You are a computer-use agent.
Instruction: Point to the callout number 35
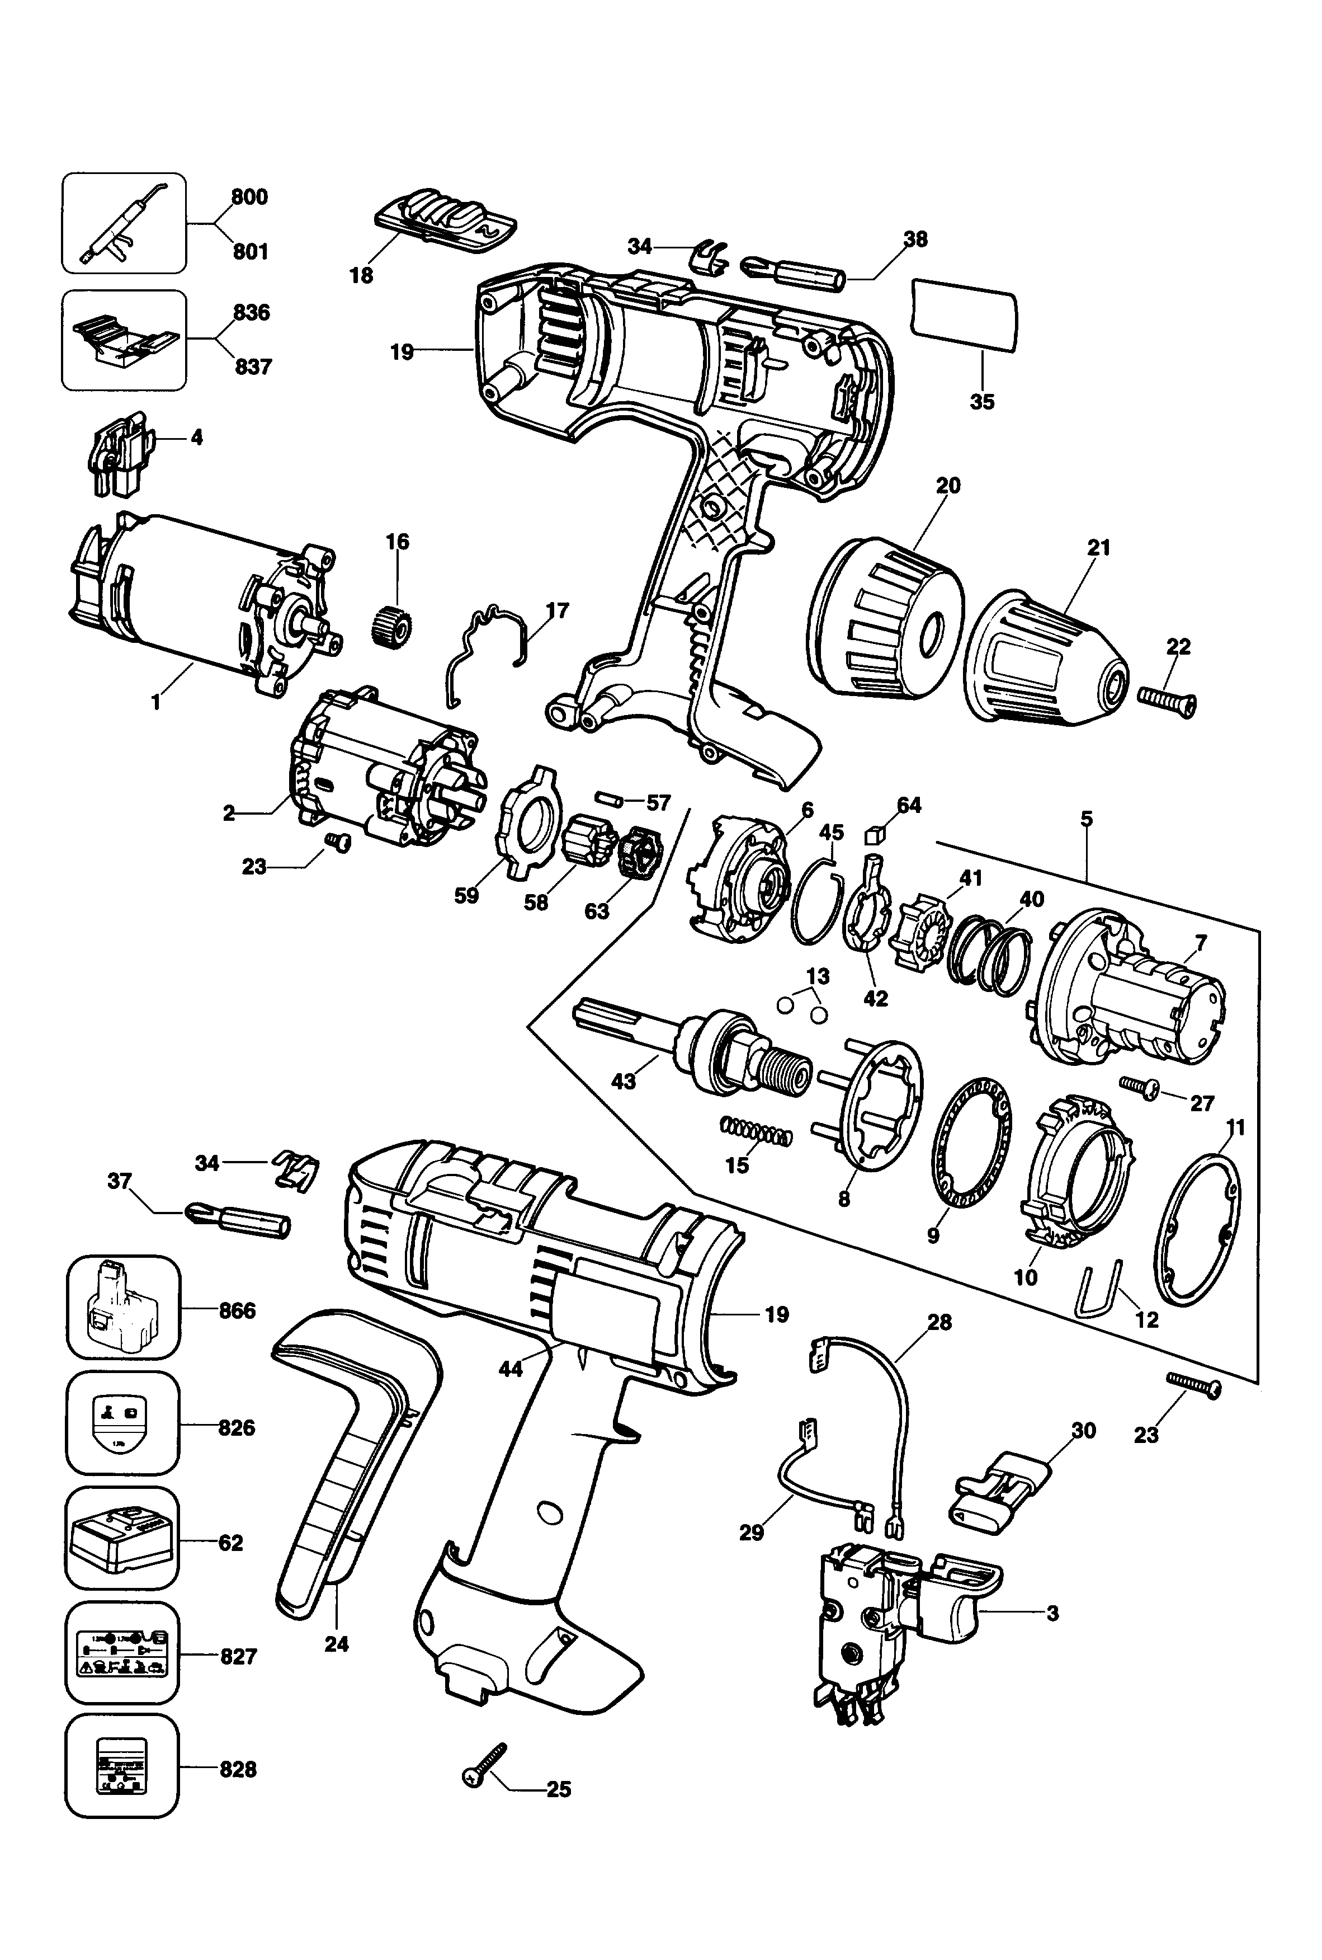pos(982,402)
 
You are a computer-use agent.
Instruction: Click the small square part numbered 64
pos(874,834)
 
